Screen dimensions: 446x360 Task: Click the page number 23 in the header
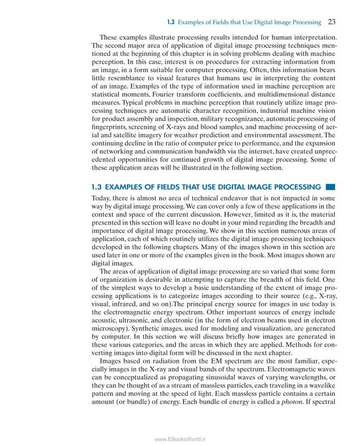[x=332, y=23]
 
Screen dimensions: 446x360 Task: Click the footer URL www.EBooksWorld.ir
[x=180, y=435]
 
